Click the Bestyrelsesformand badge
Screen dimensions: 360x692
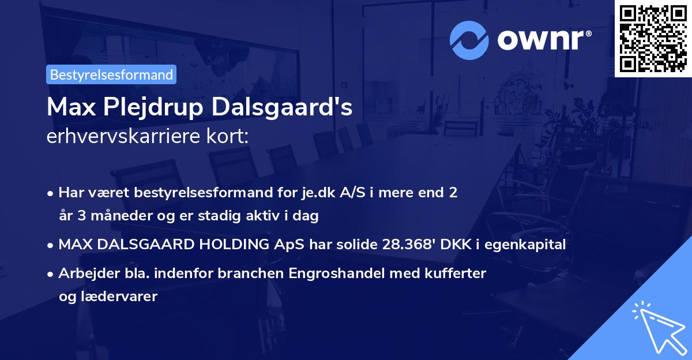point(111,74)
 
